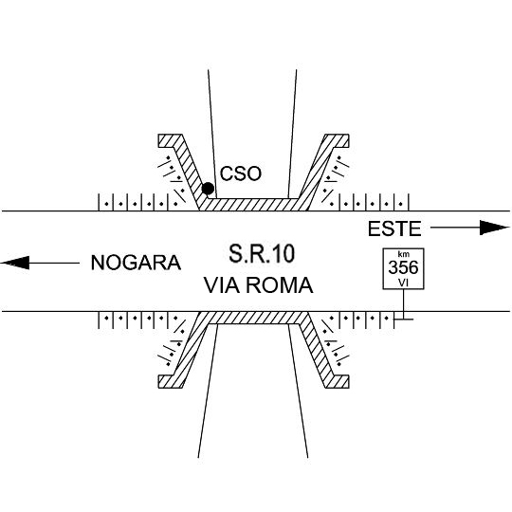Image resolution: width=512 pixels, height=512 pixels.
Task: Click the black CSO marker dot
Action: [x=208, y=189]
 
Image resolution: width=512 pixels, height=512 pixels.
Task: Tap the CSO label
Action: [x=241, y=174]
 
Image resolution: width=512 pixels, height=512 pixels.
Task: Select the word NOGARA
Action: [x=136, y=263]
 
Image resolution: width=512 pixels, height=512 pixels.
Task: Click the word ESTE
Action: [x=394, y=229]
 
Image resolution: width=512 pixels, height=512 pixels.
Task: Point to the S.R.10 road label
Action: [x=262, y=254]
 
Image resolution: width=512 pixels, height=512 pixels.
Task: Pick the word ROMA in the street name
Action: [x=280, y=285]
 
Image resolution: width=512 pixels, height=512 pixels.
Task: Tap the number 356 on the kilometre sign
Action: [x=403, y=267]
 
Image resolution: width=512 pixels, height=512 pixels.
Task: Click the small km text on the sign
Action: [x=404, y=254]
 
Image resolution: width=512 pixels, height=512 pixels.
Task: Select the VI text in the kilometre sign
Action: [x=403, y=283]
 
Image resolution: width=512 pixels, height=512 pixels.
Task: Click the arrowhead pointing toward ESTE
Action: [x=494, y=228]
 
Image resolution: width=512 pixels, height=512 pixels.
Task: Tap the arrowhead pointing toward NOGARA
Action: [x=15, y=263]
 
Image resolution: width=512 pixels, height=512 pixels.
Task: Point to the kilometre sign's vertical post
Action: [x=404, y=304]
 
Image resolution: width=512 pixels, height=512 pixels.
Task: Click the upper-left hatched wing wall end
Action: [x=170, y=140]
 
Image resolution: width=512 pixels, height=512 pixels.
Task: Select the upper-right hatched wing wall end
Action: [x=338, y=140]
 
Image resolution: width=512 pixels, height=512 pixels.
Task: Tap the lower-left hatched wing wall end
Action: [x=170, y=381]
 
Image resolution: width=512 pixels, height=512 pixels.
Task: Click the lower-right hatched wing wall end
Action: [x=338, y=381]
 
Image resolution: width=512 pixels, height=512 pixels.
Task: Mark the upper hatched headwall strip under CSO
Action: [x=253, y=205]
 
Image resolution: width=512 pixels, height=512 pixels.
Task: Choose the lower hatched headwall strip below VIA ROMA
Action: [x=253, y=318]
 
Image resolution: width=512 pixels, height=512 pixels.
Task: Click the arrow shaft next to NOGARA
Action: [x=54, y=263]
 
